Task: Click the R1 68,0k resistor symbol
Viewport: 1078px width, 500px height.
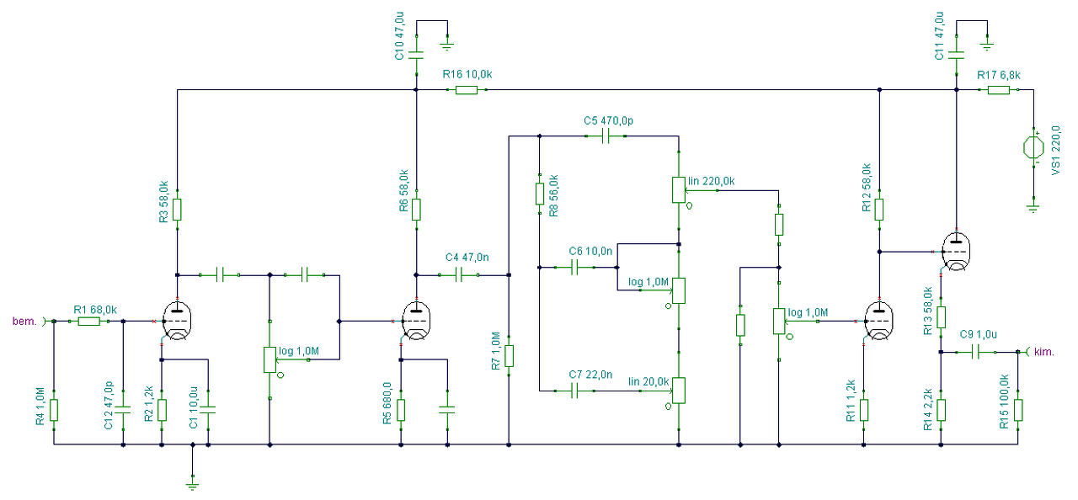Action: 89,322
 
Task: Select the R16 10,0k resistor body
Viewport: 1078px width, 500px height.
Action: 467,90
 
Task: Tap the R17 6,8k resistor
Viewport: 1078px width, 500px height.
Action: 999,90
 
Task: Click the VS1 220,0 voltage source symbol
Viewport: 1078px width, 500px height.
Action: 1033,147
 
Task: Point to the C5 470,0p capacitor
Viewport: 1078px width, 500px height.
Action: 606,136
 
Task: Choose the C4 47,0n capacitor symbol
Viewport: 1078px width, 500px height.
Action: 459,275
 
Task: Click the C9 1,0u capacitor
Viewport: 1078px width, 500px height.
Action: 975,353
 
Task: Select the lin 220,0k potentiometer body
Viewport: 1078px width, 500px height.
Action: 679,190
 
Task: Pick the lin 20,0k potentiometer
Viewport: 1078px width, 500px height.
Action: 679,391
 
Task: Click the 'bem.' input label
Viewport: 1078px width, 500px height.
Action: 24,322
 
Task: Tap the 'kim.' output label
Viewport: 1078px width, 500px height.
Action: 1043,353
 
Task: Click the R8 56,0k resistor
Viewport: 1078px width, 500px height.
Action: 540,194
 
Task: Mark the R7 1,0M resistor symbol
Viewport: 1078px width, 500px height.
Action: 509,356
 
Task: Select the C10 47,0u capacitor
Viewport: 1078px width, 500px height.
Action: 416,56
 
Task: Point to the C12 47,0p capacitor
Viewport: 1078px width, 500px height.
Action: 123,410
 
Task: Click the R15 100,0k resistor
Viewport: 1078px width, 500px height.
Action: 1018,410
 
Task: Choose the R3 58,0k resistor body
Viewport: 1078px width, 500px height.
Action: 177,210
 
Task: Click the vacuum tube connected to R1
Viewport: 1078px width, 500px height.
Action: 177,321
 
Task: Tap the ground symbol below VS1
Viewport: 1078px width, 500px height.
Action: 1033,209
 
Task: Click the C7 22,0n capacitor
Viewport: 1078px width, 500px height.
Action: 574,391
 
